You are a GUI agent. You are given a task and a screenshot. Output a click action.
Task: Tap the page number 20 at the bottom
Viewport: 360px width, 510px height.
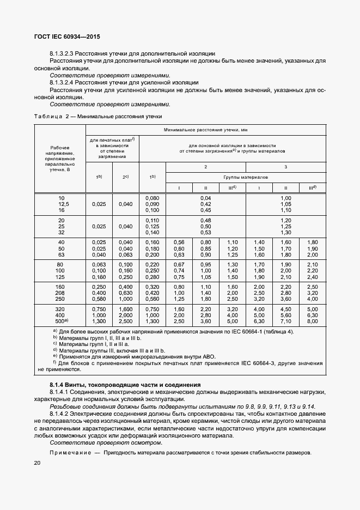[x=37, y=463]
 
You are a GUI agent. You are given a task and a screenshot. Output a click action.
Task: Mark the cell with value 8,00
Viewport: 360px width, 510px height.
[x=312, y=322]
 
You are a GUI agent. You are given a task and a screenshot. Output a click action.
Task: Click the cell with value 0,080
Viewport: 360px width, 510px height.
[x=152, y=198]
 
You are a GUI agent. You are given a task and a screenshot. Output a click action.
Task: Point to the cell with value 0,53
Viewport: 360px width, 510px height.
[x=205, y=233]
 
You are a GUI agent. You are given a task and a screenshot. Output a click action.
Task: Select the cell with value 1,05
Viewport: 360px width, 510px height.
[x=285, y=204]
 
